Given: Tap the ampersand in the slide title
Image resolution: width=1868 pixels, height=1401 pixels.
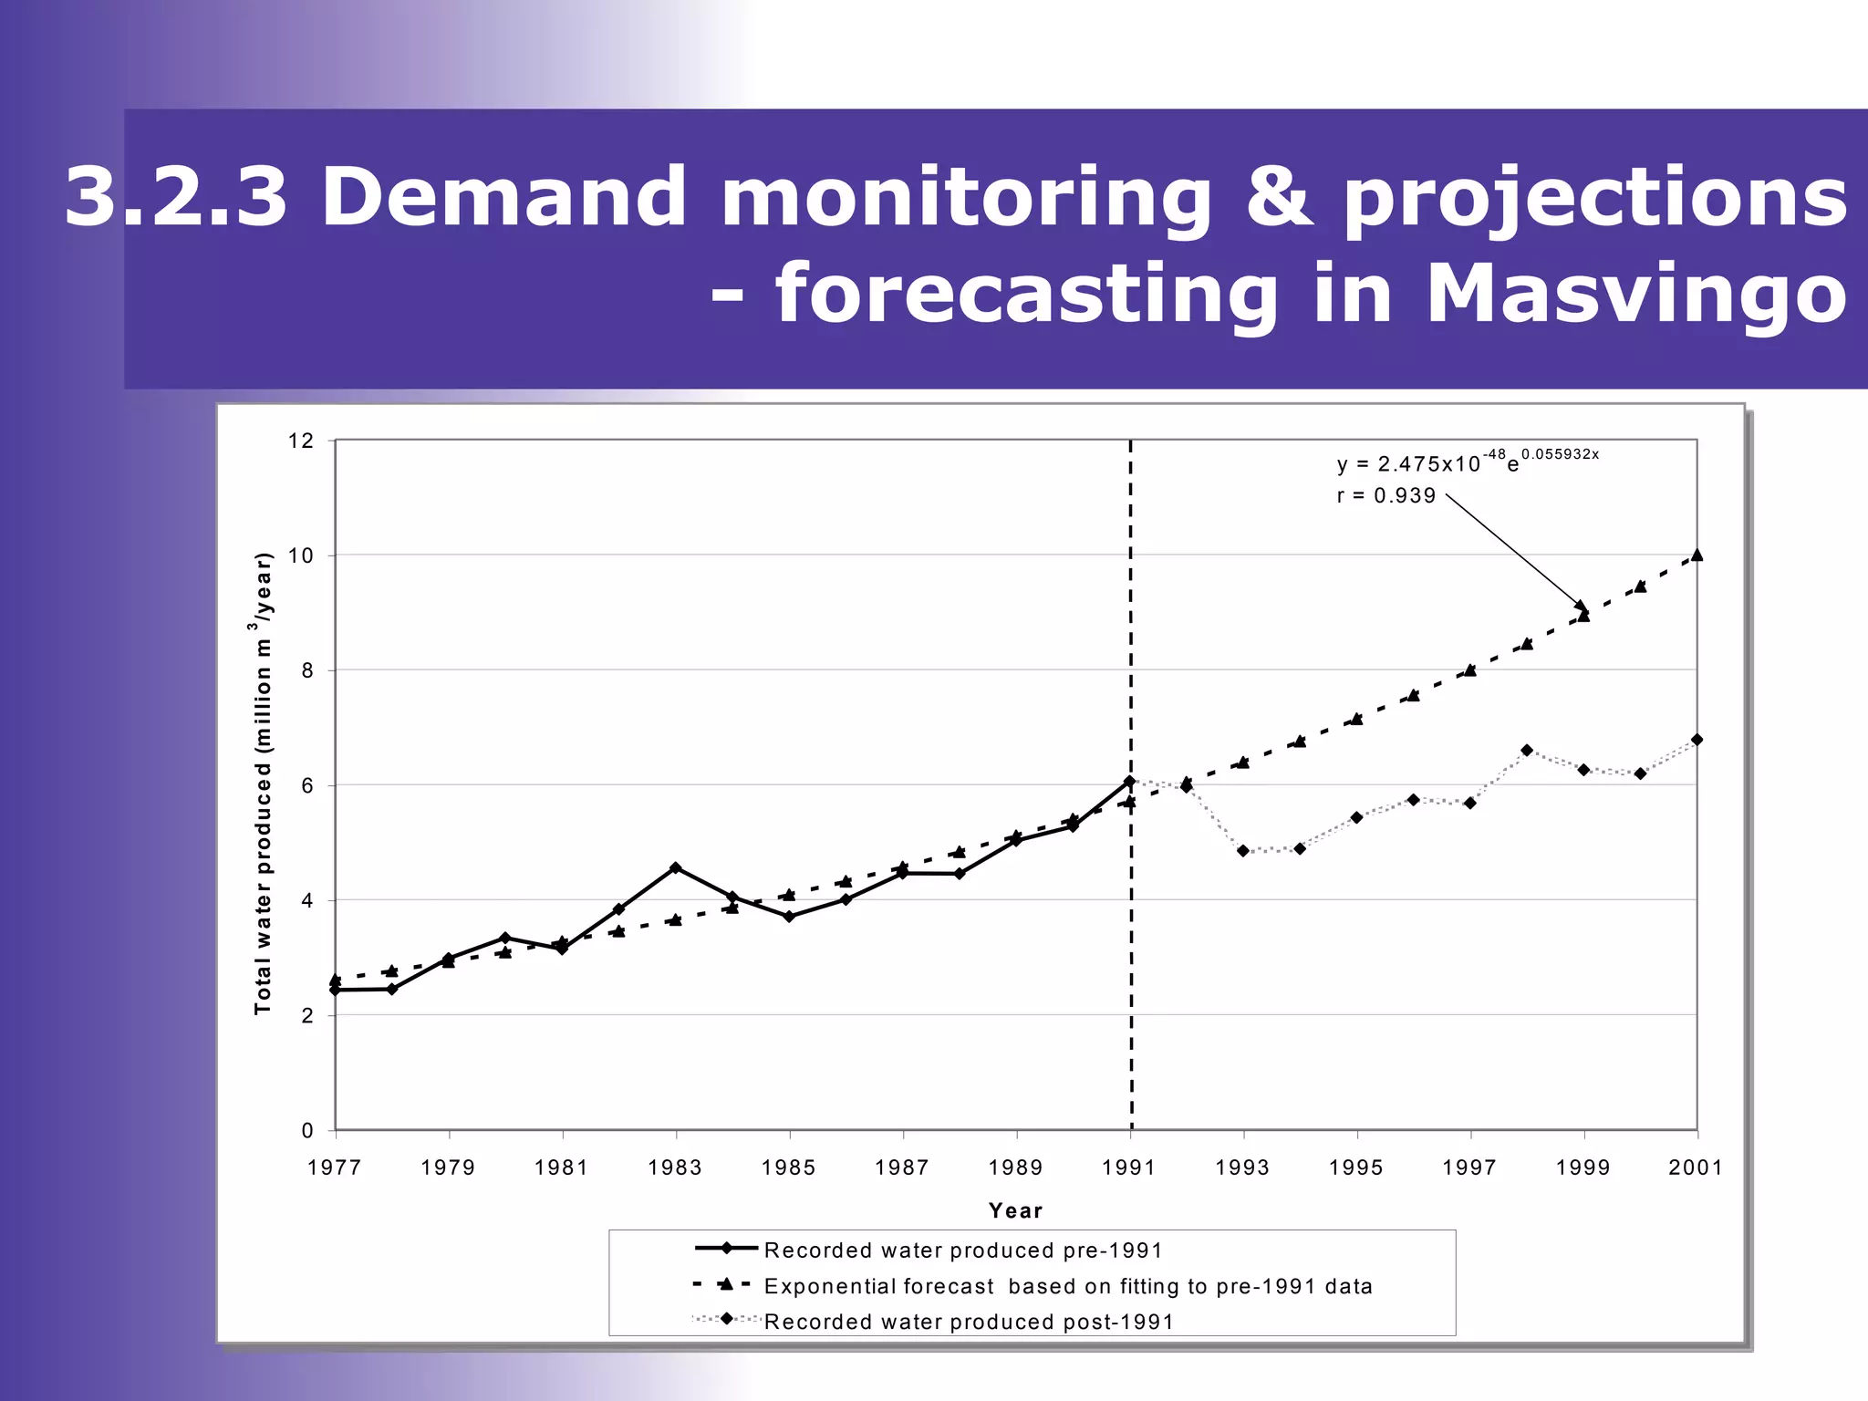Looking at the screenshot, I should (1281, 198).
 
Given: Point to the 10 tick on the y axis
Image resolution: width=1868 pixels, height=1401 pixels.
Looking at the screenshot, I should (300, 555).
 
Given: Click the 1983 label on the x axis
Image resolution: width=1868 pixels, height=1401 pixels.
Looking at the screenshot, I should (675, 1167).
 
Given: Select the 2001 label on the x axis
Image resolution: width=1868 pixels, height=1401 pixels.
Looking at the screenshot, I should (1696, 1167).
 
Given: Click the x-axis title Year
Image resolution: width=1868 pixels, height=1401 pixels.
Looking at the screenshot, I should (1015, 1210).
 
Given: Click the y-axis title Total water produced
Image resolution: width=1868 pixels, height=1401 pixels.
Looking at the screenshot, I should (263, 784).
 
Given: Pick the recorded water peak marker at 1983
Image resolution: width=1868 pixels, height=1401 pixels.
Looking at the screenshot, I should (675, 867).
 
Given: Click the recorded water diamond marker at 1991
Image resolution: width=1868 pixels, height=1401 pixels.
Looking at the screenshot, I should (1129, 782).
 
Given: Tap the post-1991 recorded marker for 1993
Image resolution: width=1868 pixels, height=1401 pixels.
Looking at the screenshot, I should (1243, 850).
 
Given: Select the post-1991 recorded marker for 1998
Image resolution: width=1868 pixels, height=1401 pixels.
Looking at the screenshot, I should (1527, 750).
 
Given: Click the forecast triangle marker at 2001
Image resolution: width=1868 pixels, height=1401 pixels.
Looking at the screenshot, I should (1697, 555).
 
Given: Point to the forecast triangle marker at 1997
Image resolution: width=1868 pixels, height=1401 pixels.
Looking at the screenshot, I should (1470, 670).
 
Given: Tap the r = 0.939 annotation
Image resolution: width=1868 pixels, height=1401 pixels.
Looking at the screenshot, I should (1385, 495).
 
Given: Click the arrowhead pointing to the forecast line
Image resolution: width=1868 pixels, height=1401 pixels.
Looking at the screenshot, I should (1581, 606).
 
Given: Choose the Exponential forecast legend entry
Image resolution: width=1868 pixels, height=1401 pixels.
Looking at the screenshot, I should (1067, 1286).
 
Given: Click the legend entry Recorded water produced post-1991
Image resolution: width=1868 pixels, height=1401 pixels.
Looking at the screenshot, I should (968, 1322).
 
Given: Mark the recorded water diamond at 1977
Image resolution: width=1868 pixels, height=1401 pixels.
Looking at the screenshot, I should (335, 990).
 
